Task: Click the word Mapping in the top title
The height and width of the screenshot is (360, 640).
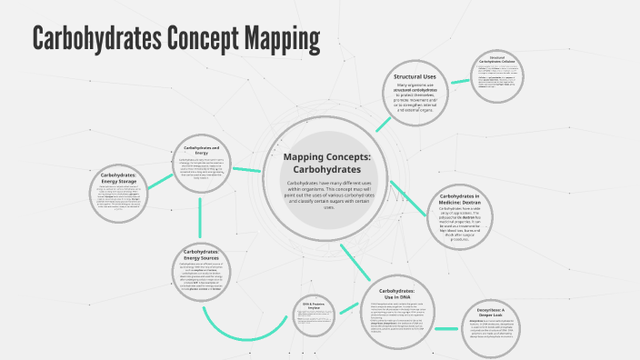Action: [x=279, y=39]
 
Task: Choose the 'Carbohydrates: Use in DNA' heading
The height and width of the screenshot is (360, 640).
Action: [x=403, y=293]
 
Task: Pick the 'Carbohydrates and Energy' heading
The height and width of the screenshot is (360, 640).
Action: [x=201, y=149]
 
